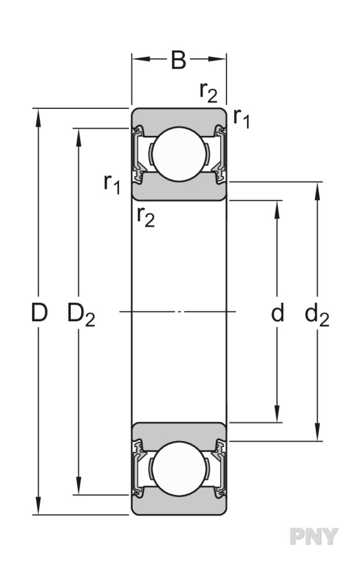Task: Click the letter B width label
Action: [x=179, y=60]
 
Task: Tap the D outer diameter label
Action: [x=39, y=312]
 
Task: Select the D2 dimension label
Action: [x=81, y=315]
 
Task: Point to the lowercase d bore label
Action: [x=277, y=312]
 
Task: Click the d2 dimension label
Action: [x=317, y=315]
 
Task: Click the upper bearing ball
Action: [x=179, y=154]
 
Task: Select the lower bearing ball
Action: [x=179, y=469]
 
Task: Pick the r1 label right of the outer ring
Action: [x=241, y=118]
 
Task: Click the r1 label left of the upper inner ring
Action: [x=112, y=184]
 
